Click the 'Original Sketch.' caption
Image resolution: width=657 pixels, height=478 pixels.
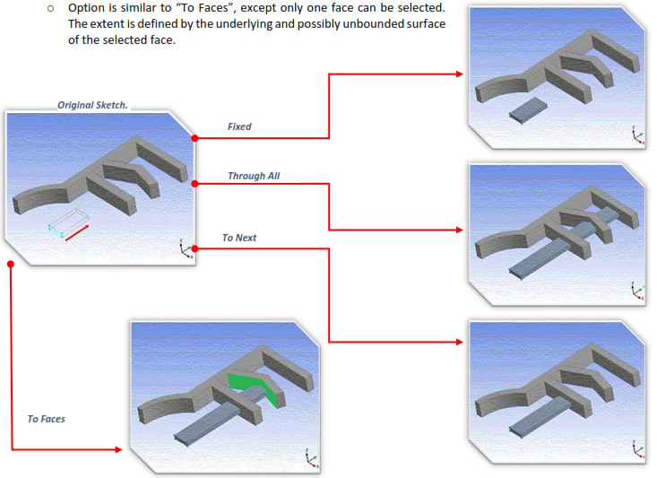tap(92, 105)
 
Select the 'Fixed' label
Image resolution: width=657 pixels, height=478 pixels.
tap(239, 126)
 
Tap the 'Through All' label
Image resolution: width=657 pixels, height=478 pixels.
tap(254, 176)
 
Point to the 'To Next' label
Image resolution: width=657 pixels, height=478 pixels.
tap(239, 238)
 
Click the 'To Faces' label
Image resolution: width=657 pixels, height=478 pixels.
tap(46, 419)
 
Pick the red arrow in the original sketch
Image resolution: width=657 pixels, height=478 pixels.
tap(76, 232)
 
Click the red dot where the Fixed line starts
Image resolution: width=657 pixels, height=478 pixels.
tap(195, 138)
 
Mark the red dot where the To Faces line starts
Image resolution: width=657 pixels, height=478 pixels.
tap(10, 265)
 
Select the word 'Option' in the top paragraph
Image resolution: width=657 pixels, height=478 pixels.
tap(87, 8)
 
